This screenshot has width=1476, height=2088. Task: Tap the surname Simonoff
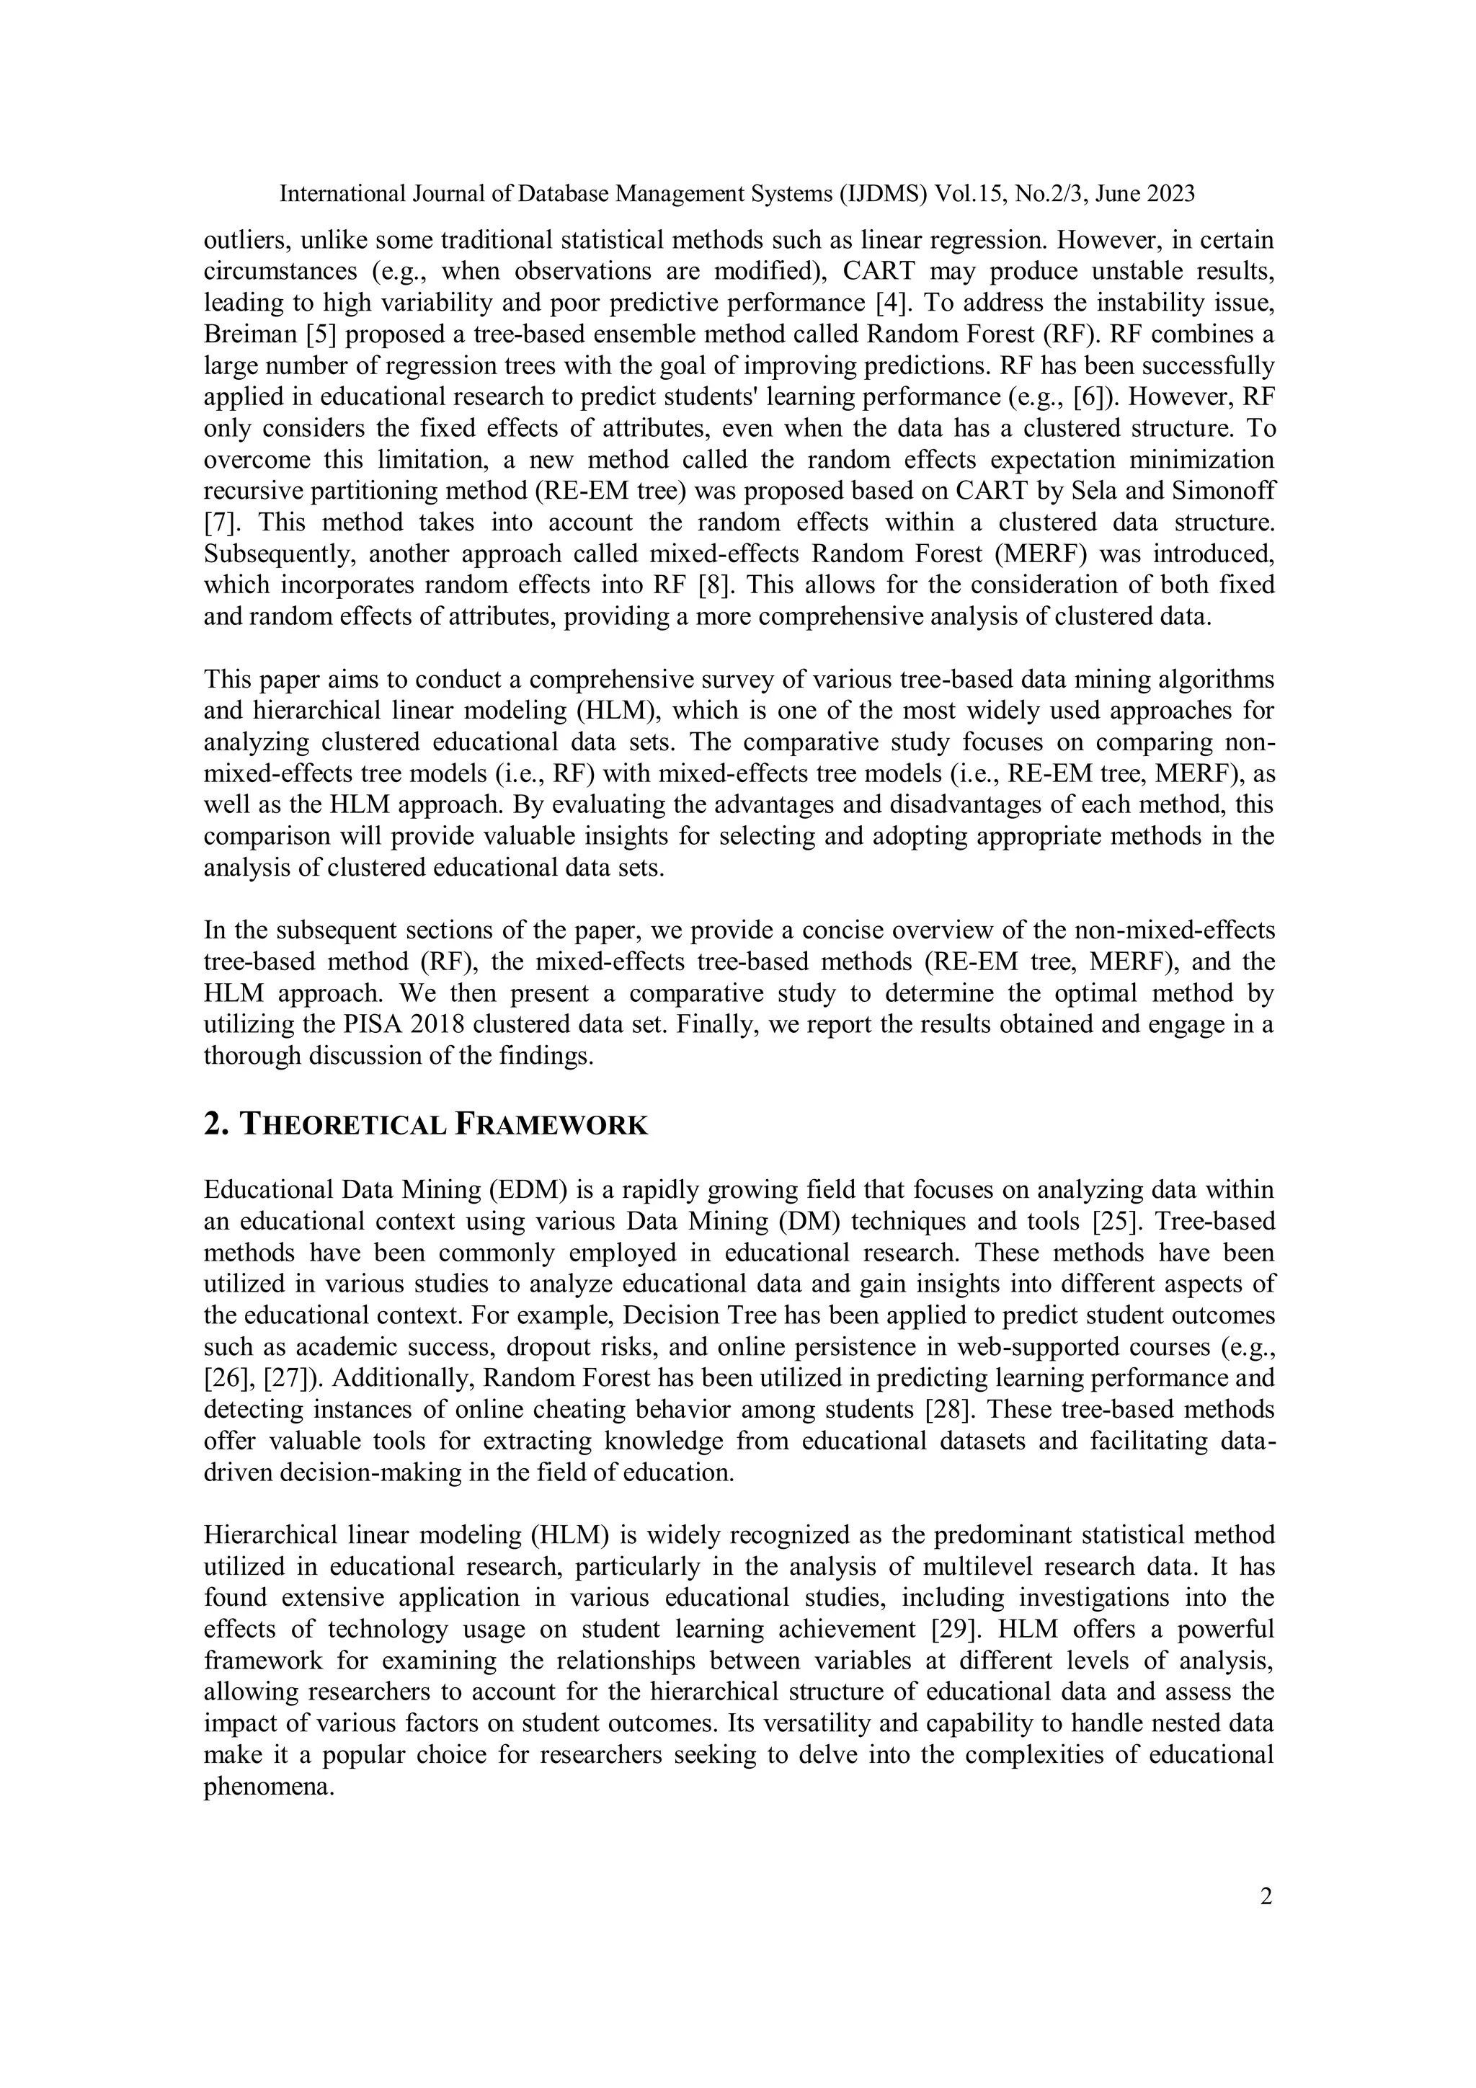coord(1222,491)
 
